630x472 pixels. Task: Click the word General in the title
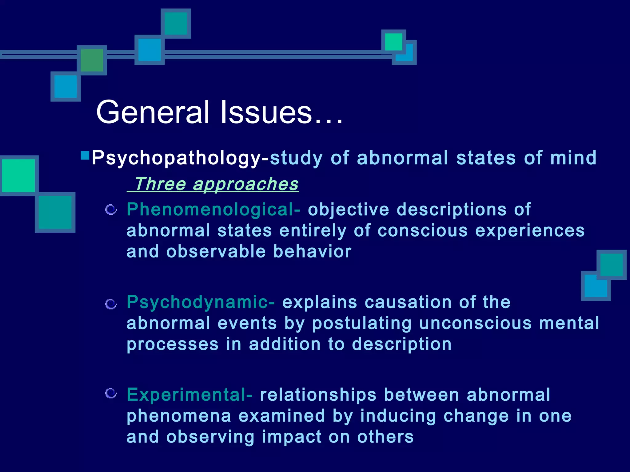(153, 112)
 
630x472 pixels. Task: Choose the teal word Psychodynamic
(197, 302)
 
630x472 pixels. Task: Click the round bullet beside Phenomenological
(111, 210)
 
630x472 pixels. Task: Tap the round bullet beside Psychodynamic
(111, 304)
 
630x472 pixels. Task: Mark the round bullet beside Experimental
(111, 393)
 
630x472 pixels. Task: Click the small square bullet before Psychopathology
(85, 155)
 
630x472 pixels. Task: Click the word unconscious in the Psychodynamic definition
(476, 324)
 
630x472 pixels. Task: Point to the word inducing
(398, 416)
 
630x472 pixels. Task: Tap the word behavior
(312, 252)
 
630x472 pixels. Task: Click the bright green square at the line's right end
(393, 42)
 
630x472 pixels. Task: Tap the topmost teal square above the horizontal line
(176, 23)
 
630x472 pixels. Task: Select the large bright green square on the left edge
(18, 175)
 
